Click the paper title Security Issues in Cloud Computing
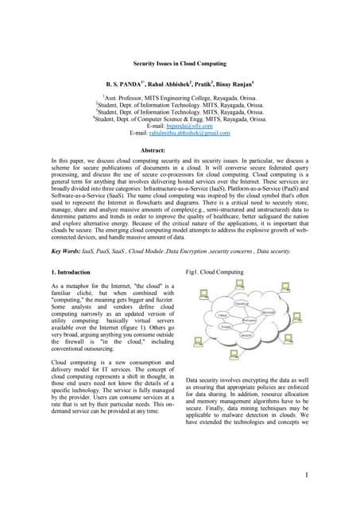click(x=180, y=84)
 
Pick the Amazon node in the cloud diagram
click(x=247, y=336)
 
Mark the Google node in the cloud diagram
click(x=228, y=327)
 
